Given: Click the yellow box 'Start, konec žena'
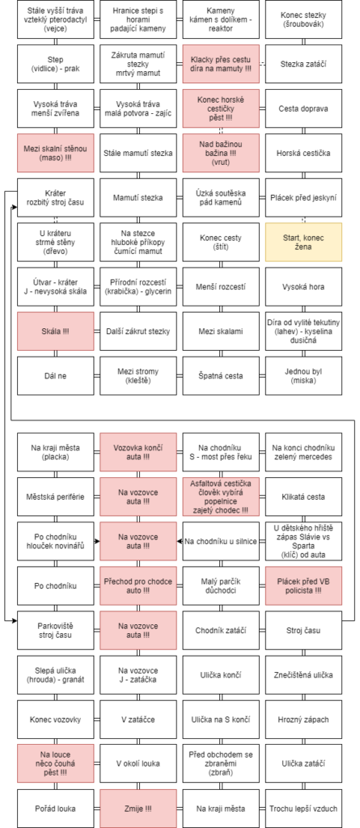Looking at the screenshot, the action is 303,242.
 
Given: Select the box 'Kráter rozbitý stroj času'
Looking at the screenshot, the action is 56,197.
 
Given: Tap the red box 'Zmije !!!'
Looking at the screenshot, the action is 138,809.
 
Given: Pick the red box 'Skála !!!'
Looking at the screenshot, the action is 56,331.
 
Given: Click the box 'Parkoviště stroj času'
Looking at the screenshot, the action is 56,630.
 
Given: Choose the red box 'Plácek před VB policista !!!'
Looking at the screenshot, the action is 303,585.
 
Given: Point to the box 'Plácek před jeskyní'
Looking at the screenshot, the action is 303,197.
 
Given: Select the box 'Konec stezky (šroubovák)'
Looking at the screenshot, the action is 303,19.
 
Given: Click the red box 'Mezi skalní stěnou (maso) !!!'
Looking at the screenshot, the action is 56,153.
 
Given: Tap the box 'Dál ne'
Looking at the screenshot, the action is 56,375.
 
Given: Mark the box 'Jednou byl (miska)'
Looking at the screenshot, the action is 303,375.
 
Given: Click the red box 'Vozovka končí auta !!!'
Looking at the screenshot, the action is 138,452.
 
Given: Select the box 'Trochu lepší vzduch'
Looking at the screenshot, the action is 303,809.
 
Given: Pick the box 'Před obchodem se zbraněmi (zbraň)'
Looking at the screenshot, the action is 221,763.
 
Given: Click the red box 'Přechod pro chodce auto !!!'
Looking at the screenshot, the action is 138,585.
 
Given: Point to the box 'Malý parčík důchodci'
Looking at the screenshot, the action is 221,585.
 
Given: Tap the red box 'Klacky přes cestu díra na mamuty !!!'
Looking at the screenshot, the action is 221,64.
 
